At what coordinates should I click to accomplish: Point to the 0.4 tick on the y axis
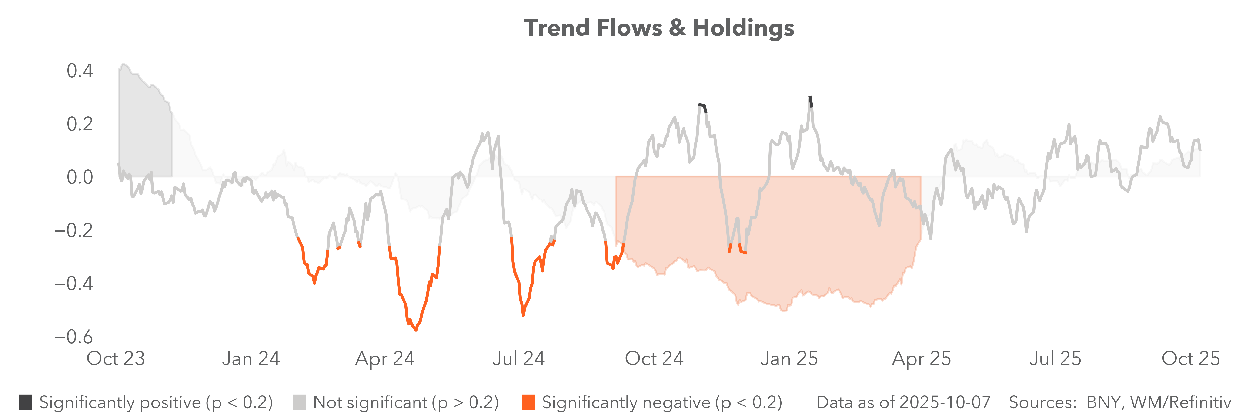(80, 71)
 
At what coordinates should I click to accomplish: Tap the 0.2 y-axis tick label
(80, 124)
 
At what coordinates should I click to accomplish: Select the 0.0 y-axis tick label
(80, 177)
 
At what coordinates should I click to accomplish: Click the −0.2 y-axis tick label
(73, 230)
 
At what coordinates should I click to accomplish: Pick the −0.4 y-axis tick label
(73, 283)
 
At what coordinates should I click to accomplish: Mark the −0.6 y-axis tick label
(73, 337)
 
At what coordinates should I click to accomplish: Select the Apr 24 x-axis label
(385, 358)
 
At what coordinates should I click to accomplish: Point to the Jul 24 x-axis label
(518, 358)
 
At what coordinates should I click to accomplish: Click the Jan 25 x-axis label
(789, 358)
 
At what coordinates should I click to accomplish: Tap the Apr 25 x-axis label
(922, 358)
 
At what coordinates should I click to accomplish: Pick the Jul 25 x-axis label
(1055, 358)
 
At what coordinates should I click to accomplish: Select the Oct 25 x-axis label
(1191, 358)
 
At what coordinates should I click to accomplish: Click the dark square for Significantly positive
(26, 402)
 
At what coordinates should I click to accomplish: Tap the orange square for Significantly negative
(528, 402)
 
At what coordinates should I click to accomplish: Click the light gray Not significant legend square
(299, 402)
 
